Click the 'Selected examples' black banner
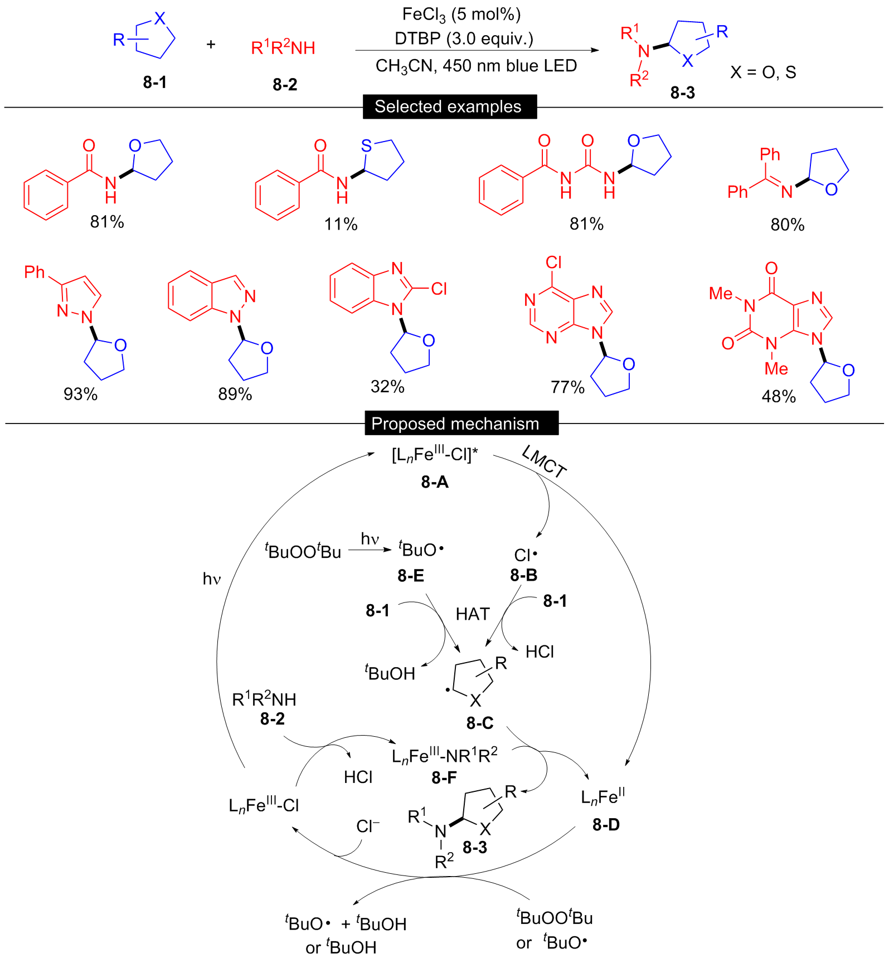pos(450,106)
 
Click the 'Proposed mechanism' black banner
pos(461,424)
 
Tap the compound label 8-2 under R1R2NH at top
pos(285,85)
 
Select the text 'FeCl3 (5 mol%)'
pos(461,15)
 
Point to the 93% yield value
pos(80,394)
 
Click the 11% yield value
pos(341,224)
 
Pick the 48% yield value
pos(779,396)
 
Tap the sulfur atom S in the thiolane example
pos(366,146)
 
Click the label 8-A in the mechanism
pos(435,482)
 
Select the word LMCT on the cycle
pos(544,462)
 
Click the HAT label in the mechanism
pos(473,614)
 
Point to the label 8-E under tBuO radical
pos(411,576)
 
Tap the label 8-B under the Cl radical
pos(524,575)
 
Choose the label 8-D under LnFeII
pos(606,825)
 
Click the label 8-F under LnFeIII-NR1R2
pos(444,777)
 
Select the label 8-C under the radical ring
pos(480,723)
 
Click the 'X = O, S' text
pos(763,72)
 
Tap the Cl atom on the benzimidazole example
pos(439,289)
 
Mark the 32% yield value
pos(387,386)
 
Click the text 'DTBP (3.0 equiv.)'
pos(464,38)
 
